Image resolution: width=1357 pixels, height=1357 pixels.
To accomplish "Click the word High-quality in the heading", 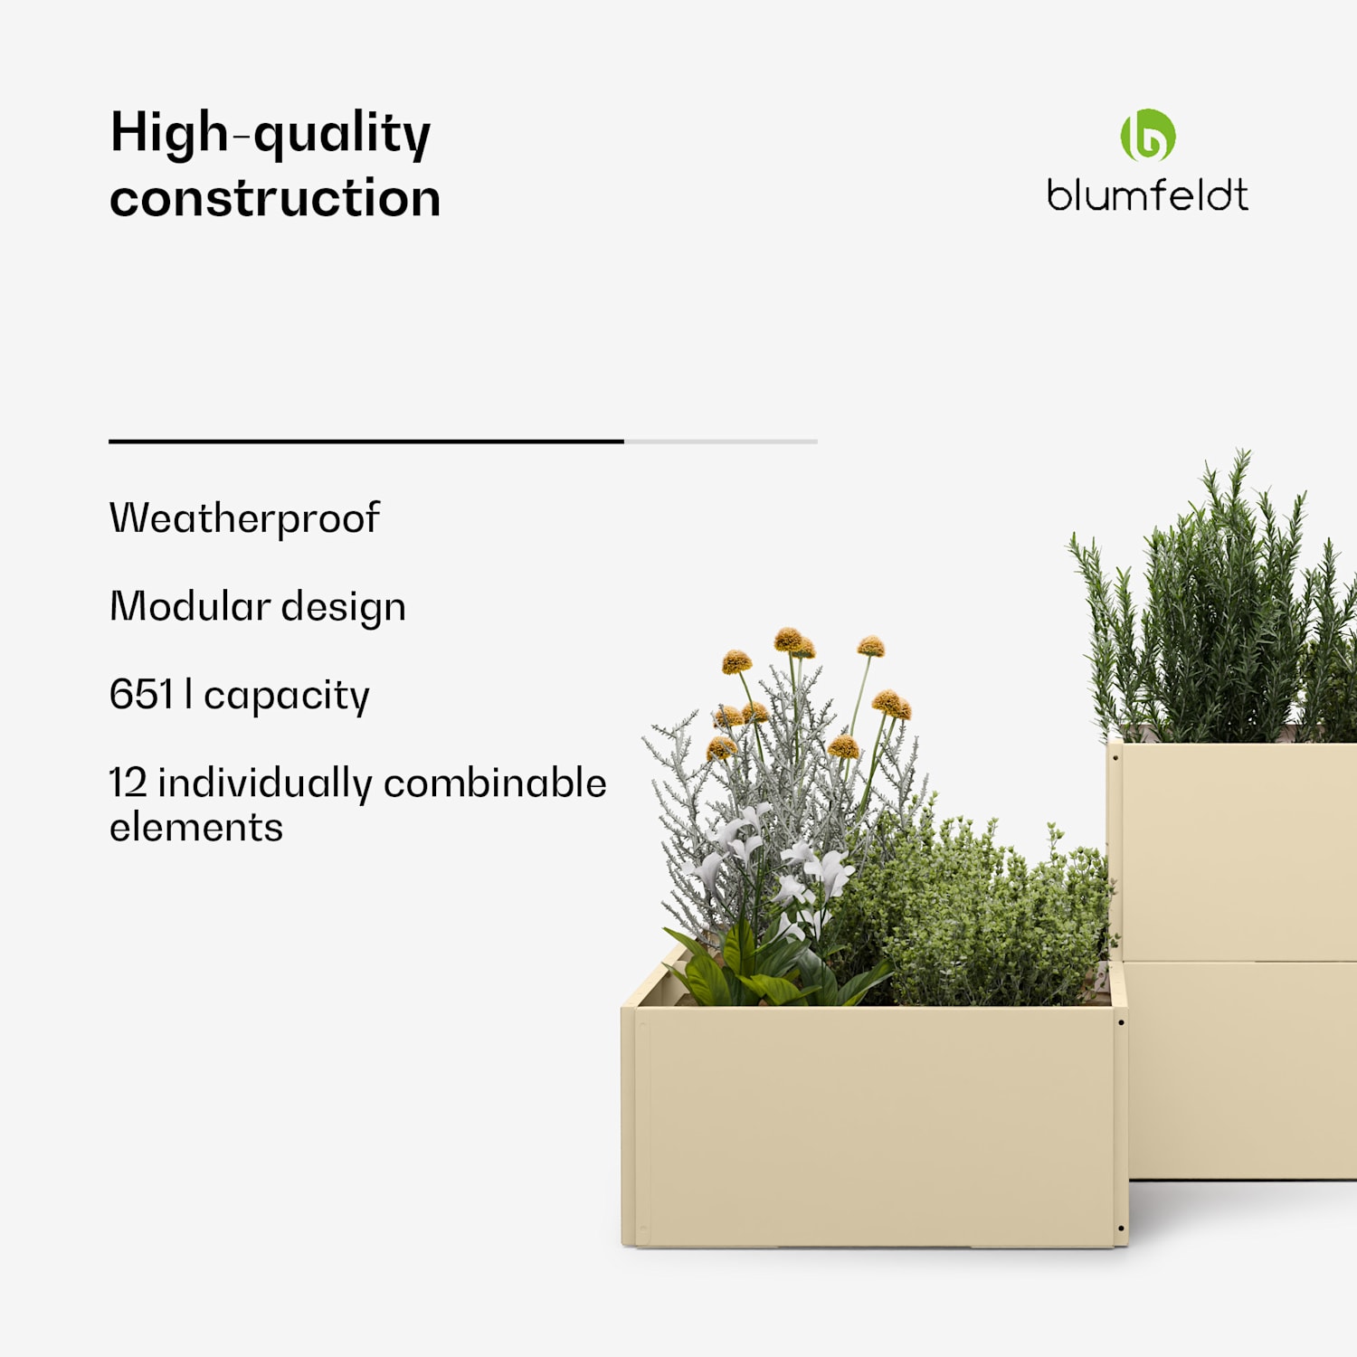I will [270, 133].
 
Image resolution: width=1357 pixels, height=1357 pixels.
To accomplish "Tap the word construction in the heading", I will [275, 198].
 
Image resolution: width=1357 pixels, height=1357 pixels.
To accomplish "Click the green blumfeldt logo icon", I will [1148, 136].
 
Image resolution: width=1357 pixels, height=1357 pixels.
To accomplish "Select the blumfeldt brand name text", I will [1147, 195].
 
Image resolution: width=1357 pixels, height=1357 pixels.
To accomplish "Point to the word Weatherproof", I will [244, 518].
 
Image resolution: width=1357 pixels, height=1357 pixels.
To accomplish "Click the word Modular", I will [190, 606].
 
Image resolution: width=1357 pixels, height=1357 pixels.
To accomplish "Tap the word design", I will [343, 608].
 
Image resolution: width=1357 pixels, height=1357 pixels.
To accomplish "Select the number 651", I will [141, 695].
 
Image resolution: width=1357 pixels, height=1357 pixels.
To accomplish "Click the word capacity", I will [286, 697].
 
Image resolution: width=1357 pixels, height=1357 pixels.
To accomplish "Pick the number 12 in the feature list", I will [128, 783].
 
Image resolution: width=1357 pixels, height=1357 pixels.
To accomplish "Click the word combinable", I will [495, 783].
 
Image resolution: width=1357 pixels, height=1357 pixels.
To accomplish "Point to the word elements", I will [196, 828].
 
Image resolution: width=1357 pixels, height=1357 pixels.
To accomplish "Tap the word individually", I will [264, 784].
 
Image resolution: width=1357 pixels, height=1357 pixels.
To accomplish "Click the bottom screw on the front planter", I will [1121, 1229].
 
